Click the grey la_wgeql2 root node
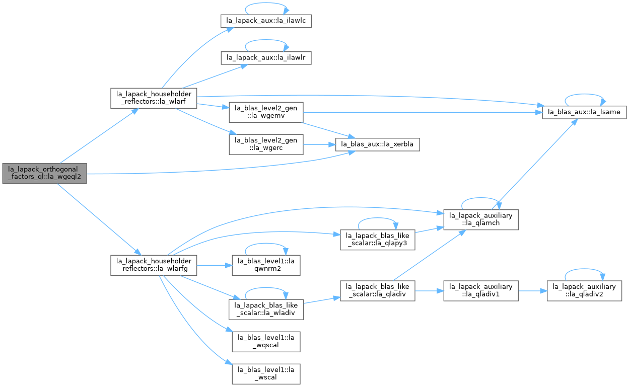45,174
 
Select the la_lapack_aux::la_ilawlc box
266,21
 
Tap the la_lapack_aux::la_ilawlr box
266,58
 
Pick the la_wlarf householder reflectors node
154,98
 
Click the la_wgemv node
266,112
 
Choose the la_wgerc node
266,144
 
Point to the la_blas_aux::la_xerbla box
377,144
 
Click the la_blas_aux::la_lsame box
584,112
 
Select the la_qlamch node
481,220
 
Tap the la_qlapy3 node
377,240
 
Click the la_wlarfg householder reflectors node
154,265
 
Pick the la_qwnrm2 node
266,265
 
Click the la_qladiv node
377,291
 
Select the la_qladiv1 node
481,291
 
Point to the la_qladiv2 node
584,291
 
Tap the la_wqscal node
266,342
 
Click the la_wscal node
266,374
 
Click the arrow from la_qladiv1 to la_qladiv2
533,291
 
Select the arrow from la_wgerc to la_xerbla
319,144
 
